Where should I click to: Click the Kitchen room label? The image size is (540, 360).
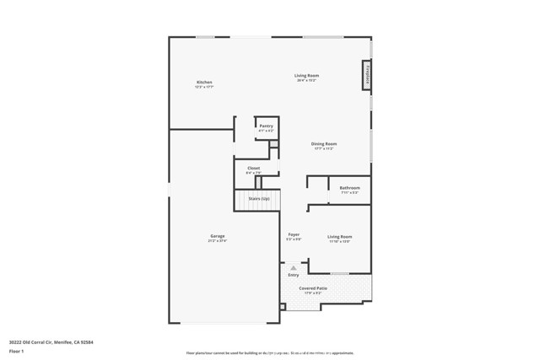tap(204, 82)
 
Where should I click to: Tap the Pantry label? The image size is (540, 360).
tap(266, 126)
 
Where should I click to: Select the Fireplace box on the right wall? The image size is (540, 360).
tap(367, 74)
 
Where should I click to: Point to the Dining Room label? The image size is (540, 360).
tap(324, 143)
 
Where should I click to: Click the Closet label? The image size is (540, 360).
tap(253, 168)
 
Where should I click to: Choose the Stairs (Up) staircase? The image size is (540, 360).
tap(257, 201)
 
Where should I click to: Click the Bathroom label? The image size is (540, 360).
tap(349, 187)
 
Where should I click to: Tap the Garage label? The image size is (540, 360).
tap(218, 235)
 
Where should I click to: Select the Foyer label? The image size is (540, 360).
tap(294, 234)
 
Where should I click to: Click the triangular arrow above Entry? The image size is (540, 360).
tap(294, 268)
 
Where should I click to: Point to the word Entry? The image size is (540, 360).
tap(294, 275)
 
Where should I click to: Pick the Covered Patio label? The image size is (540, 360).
tap(313, 287)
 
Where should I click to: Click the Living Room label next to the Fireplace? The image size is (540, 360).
tap(306, 76)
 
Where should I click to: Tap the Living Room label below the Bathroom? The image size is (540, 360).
tap(340, 236)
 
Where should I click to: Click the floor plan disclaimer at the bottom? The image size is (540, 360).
tap(270, 353)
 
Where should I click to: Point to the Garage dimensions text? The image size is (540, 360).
tap(218, 241)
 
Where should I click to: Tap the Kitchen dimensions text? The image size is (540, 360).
tap(204, 87)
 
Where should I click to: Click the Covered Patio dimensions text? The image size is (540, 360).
tap(313, 293)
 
